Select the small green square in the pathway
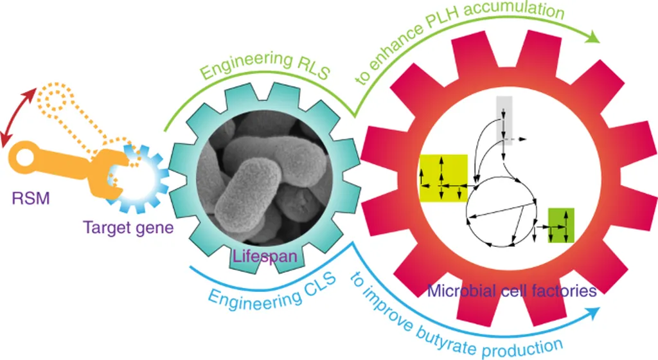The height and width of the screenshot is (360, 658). tap(560, 225)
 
